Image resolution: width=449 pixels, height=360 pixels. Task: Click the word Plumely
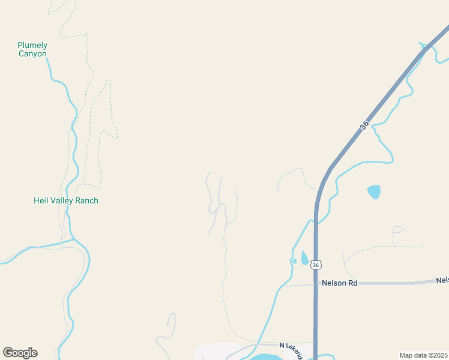(32, 45)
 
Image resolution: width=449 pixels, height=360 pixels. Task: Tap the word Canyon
(32, 54)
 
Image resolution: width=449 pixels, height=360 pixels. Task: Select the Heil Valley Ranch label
(66, 200)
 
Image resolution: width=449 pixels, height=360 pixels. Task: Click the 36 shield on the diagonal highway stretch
(364, 127)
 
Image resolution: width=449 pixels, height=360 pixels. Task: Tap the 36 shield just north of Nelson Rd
(316, 264)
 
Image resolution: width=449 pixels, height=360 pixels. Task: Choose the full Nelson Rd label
(339, 283)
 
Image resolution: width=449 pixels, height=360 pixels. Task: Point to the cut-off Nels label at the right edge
(442, 280)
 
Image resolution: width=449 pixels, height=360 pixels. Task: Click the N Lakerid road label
(292, 348)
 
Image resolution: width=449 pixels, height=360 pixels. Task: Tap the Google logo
(20, 353)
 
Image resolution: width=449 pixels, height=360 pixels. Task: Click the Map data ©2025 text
(423, 355)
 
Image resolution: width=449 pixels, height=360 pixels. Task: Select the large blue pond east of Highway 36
(374, 192)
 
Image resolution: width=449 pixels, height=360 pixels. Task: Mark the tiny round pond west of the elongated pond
(294, 261)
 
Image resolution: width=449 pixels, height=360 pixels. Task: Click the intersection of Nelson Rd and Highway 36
(316, 283)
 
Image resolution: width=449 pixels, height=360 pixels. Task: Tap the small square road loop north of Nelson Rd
(397, 230)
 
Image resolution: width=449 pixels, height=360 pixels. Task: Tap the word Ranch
(86, 200)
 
